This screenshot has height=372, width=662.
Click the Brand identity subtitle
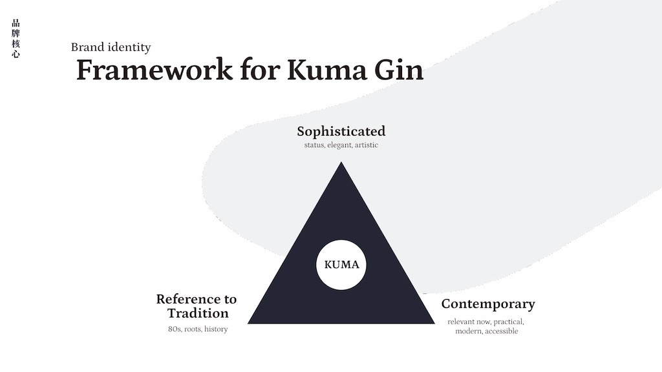click(111, 47)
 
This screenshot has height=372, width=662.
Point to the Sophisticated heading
click(341, 132)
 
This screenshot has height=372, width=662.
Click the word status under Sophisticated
click(314, 145)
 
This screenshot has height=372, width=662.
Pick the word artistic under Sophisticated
click(366, 145)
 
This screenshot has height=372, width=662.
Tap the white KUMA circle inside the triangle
click(341, 265)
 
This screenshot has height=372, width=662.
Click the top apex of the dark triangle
click(341, 163)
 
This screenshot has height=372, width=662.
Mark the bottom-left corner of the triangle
click(250, 322)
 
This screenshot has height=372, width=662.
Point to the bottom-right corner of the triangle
click(433, 322)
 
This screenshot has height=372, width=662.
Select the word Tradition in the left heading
click(198, 313)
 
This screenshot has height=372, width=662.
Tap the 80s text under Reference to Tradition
click(174, 329)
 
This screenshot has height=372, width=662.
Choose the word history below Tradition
click(216, 329)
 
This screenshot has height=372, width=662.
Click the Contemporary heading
click(488, 304)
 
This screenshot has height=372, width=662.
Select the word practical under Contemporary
click(508, 322)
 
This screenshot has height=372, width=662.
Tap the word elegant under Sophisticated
click(340, 145)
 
